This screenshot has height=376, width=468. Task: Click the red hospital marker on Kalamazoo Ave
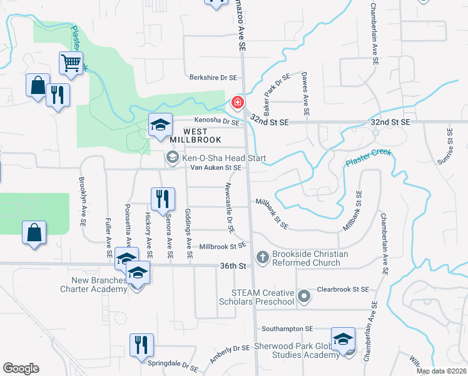pos(238,102)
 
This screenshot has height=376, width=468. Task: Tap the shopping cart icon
pos(71,63)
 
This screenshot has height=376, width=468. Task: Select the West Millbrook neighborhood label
pos(170,135)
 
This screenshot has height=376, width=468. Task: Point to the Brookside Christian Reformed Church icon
pos(263,257)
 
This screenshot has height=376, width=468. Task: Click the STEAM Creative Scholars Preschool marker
pos(305,296)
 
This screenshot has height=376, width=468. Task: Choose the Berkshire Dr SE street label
pos(214,78)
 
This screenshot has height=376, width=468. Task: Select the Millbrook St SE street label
pos(222,247)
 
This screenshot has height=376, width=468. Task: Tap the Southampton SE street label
pos(287,328)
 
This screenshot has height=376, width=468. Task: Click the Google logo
pos(21,368)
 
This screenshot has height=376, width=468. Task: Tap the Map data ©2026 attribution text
pos(442,371)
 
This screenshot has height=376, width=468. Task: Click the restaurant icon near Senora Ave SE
pos(161,199)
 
